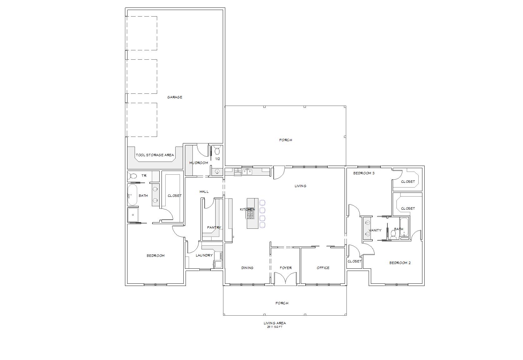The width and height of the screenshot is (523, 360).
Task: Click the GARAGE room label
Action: click(175, 97)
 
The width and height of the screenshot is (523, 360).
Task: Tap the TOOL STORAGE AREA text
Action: click(155, 155)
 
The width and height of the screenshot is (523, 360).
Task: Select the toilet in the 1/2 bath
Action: click(217, 151)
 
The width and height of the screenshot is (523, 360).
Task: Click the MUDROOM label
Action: click(198, 163)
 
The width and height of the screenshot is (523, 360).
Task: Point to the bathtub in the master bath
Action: click(132, 195)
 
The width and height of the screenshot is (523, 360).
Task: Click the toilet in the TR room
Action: click(133, 176)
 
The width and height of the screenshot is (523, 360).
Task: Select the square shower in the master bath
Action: click(133, 215)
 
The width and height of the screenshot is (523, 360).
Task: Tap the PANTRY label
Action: click(214, 227)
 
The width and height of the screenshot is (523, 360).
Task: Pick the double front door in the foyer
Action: click(285, 279)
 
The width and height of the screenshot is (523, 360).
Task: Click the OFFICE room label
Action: click(323, 268)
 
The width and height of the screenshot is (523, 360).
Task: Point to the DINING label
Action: click(247, 268)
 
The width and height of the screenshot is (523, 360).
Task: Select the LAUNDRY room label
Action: click(204, 255)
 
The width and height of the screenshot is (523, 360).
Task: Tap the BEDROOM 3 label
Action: click(364, 173)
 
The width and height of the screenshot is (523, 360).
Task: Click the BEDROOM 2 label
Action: click(400, 263)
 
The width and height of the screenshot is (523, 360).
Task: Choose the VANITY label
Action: click(375, 230)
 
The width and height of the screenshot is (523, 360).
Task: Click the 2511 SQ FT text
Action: click(274, 327)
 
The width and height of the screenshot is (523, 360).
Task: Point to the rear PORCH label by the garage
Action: click(286, 140)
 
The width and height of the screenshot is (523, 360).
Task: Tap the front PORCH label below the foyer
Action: click(282, 303)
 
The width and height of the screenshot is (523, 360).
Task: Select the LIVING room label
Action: click(300, 186)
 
